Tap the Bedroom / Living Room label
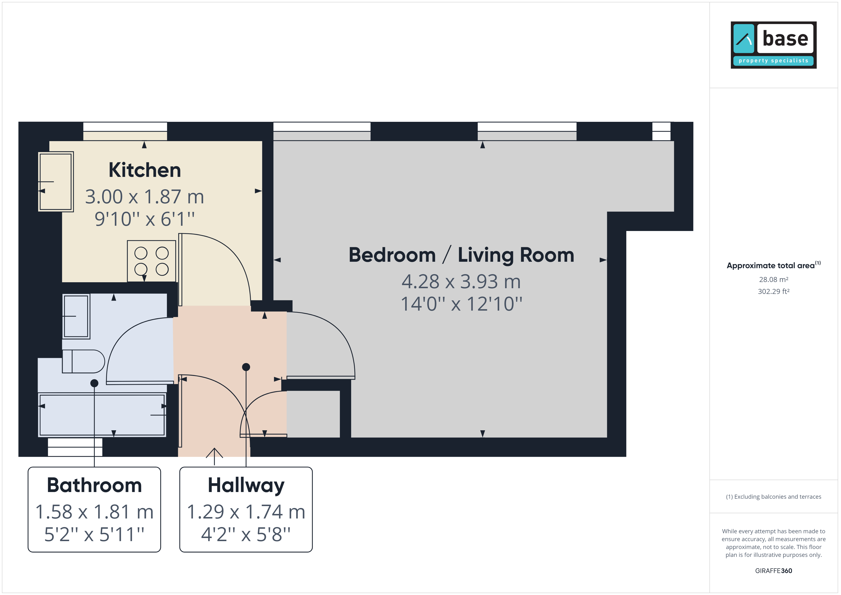pyautogui.click(x=461, y=255)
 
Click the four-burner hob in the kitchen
pyautogui.click(x=152, y=261)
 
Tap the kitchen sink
pyautogui.click(x=56, y=182)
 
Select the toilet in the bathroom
pyautogui.click(x=83, y=361)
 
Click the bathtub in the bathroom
pyautogui.click(x=102, y=415)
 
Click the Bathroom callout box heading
pyautogui.click(x=94, y=485)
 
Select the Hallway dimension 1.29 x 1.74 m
pyautogui.click(x=246, y=512)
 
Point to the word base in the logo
pyautogui.click(x=785, y=38)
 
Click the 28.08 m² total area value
pyautogui.click(x=774, y=280)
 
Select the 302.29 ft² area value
pyautogui.click(x=774, y=292)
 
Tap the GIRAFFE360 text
pyautogui.click(x=774, y=571)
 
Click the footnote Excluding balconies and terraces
pyautogui.click(x=774, y=497)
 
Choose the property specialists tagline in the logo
pyautogui.click(x=774, y=61)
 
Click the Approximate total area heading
pyautogui.click(x=774, y=265)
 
